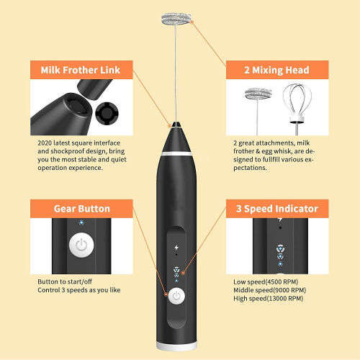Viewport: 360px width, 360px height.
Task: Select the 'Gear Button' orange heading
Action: (81, 209)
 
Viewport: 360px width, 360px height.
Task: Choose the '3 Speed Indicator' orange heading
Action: (277, 209)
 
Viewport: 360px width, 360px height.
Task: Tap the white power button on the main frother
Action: (177, 294)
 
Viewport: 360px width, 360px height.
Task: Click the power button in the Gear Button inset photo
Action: (81, 245)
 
